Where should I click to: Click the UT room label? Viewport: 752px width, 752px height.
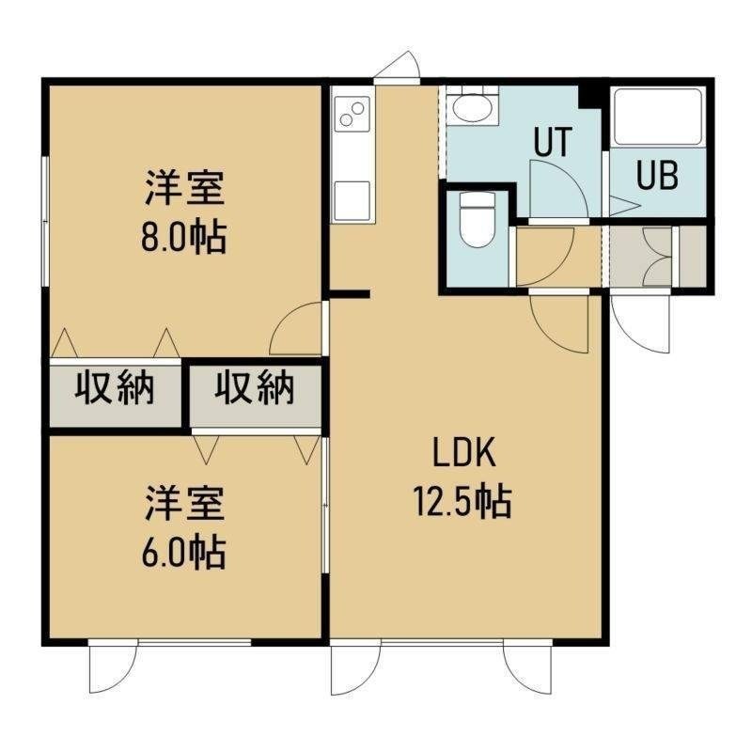point(553,142)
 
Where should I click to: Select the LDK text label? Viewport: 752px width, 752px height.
point(463,453)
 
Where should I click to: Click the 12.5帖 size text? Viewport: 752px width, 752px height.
point(462,503)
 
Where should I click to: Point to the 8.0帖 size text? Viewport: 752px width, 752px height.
point(183,237)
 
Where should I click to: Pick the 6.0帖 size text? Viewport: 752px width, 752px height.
point(183,553)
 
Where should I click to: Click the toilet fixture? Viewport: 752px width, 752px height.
point(477,220)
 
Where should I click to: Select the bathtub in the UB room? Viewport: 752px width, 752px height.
point(657,117)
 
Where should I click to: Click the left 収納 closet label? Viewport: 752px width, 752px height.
point(115,387)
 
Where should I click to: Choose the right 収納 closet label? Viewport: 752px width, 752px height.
point(254,387)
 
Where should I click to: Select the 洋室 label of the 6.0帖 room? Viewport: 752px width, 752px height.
point(184,504)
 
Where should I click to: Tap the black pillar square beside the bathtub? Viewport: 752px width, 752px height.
point(590,98)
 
